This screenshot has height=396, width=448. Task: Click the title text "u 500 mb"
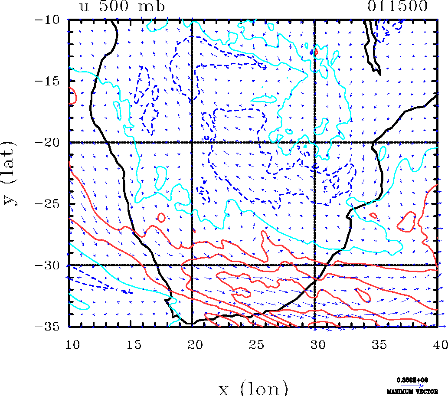[122, 7]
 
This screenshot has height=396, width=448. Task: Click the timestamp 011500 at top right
[398, 7]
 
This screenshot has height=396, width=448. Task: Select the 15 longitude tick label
[131, 344]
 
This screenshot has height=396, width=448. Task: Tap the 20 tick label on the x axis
[192, 344]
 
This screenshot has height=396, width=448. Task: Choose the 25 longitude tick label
[253, 344]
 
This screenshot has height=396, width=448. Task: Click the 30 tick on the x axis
[314, 344]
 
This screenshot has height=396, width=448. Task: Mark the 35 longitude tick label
[376, 344]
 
